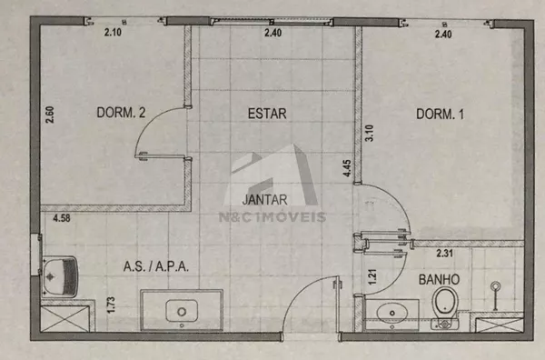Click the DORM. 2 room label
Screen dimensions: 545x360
click(121, 113)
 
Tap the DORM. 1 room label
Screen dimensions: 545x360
click(440, 114)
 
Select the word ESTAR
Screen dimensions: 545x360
click(267, 114)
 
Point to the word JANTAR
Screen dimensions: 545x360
click(265, 200)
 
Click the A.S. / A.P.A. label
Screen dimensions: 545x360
click(156, 266)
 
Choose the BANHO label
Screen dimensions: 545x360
click(439, 280)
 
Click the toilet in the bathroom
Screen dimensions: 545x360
click(445, 308)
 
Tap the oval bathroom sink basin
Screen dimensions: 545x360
click(392, 313)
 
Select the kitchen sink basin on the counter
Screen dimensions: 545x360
click(182, 311)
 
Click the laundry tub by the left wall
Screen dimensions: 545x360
click(59, 277)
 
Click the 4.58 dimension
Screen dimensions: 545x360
click(62, 218)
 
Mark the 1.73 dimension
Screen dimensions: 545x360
click(111, 305)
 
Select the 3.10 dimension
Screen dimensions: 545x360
click(369, 133)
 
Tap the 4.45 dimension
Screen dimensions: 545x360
click(347, 168)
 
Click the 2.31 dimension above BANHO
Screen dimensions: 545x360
click(444, 254)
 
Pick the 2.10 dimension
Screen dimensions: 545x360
click(113, 33)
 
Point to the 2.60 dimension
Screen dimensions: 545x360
click(50, 115)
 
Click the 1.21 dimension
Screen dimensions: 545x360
click(372, 277)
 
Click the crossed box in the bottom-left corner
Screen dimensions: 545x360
click(65, 318)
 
